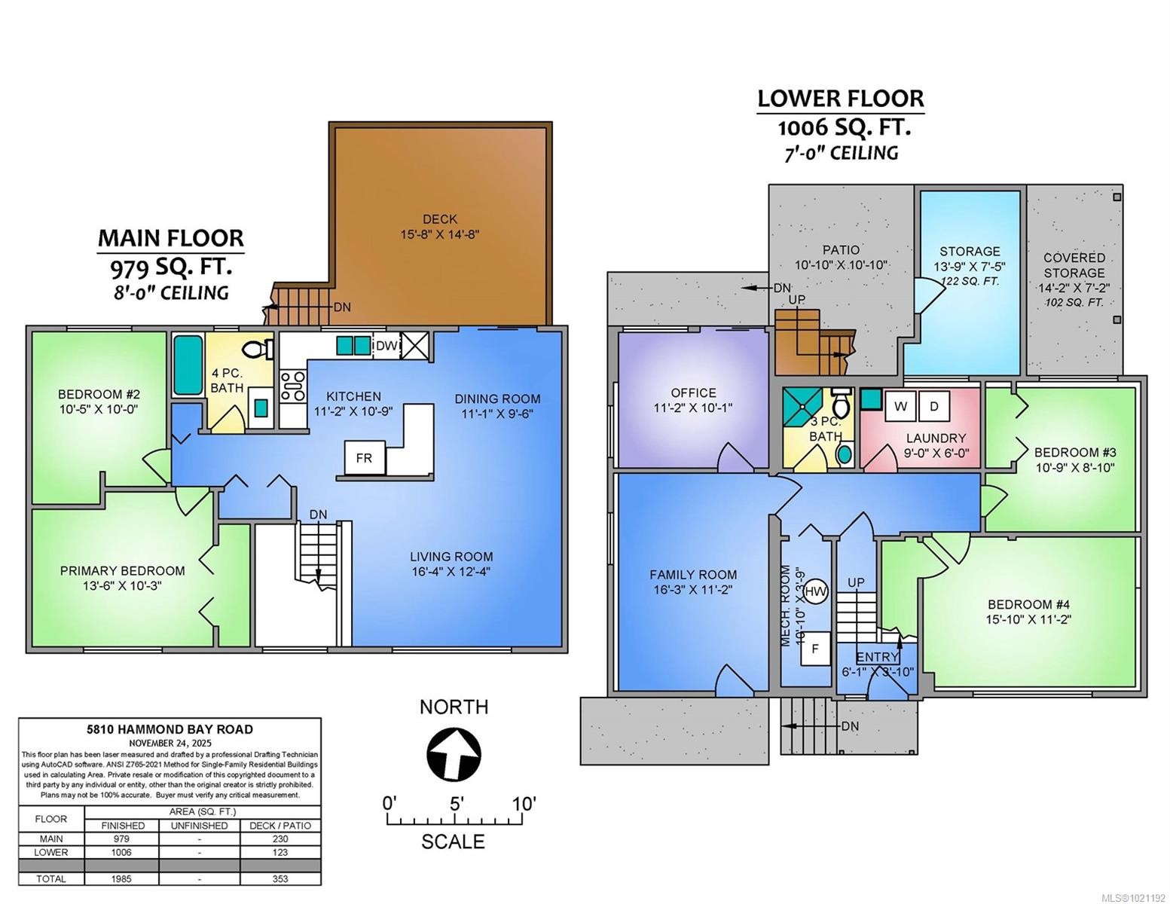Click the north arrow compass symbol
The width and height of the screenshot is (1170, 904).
[454, 754]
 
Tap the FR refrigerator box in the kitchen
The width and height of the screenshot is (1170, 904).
[364, 457]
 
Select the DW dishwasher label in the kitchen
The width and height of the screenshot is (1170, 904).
[386, 346]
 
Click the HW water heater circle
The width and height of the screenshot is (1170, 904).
[815, 592]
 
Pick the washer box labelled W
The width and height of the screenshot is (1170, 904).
[900, 407]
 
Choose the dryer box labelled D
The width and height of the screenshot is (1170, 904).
[934, 407]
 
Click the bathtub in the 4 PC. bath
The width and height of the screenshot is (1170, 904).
[188, 365]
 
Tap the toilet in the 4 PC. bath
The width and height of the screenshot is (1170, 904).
[258, 350]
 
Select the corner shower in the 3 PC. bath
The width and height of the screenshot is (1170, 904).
[802, 408]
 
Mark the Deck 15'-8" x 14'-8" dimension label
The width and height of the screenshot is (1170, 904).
[440, 234]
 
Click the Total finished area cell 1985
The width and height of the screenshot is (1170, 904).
[121, 878]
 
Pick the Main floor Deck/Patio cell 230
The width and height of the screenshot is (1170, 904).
[280, 838]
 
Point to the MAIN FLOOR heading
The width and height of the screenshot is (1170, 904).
[171, 238]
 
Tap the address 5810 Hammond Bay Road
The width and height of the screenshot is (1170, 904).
[170, 729]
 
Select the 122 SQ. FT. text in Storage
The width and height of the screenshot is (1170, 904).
[970, 281]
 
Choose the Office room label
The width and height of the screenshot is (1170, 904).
[693, 392]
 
